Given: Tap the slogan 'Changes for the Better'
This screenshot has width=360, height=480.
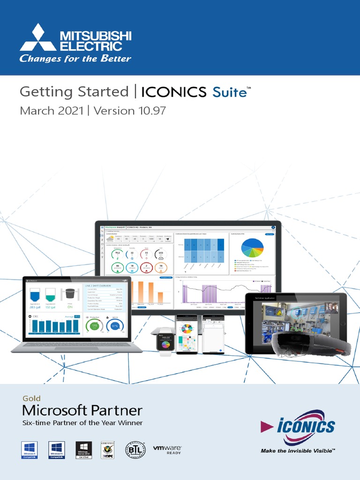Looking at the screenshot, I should [75, 59].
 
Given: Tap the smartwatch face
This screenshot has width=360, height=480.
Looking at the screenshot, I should [165, 345].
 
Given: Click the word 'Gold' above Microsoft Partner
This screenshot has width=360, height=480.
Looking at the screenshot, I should [32, 399].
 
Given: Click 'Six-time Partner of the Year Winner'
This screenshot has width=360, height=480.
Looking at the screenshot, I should [83, 423].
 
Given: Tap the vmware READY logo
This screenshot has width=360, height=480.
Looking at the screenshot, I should [167, 450].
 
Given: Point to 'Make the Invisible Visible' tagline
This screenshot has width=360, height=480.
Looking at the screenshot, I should [298, 450].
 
